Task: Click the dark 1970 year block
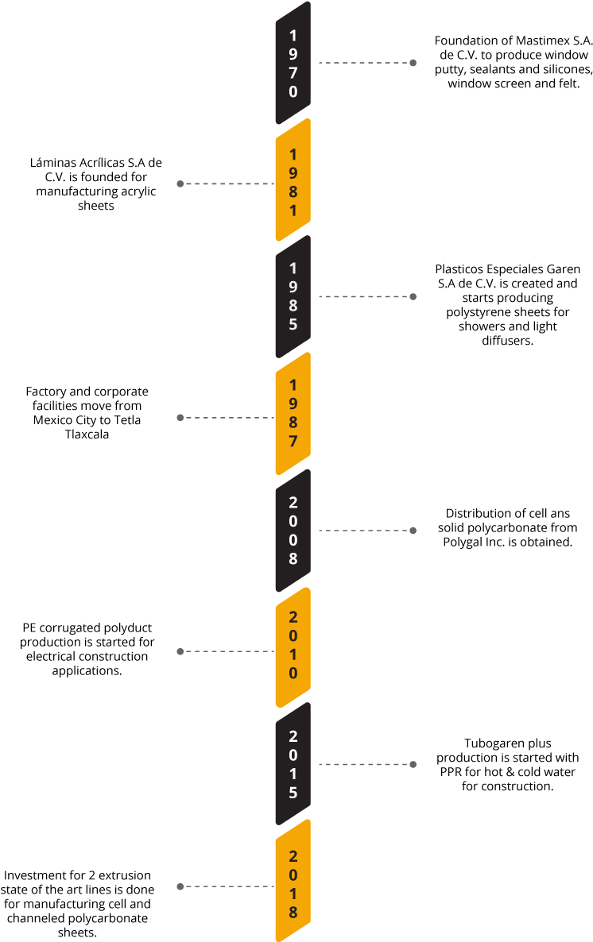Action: [293, 63]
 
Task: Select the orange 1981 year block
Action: [293, 181]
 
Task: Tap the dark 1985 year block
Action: [293, 296]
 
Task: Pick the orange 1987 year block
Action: [293, 414]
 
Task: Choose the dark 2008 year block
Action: [293, 531]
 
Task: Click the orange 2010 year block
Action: [293, 647]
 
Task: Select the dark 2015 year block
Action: [293, 764]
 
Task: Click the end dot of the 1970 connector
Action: [413, 63]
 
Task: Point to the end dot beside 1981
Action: [180, 183]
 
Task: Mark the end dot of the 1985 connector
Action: [413, 296]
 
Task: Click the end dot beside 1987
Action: [180, 417]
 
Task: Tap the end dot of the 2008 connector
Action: [413, 531]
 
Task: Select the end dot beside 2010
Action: [180, 651]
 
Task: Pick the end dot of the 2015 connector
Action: [413, 764]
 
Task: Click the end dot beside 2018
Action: [180, 886]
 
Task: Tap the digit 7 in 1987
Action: [293, 442]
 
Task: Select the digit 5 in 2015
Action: [293, 793]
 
